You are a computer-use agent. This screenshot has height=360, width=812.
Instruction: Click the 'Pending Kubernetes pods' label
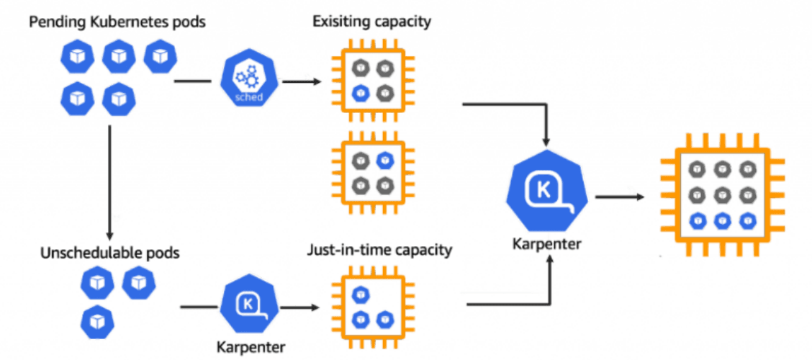pyautogui.click(x=117, y=22)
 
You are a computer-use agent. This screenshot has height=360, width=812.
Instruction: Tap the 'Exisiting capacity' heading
pyautogui.click(x=371, y=21)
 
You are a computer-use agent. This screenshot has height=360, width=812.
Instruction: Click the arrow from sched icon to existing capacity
pyautogui.click(x=301, y=82)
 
